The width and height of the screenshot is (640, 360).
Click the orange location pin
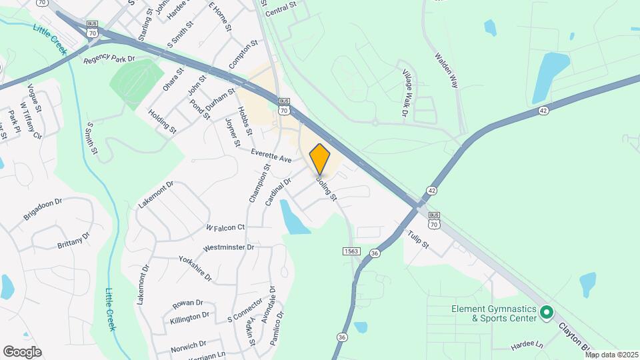pos(320,159)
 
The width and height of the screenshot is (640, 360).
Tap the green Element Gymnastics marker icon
pos(547,312)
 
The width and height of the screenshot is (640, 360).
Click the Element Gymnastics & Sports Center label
pos(493,313)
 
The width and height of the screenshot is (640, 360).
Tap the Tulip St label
pos(418,239)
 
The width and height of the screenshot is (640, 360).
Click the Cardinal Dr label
pos(279,191)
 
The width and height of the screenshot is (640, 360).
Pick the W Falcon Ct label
pos(225,227)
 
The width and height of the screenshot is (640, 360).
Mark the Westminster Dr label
pos(229,247)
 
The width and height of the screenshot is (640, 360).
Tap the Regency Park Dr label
pos(110,59)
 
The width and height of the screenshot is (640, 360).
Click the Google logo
pos(22,351)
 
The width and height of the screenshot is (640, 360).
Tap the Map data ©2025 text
pos(611,355)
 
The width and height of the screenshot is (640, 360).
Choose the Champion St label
pos(259,183)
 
